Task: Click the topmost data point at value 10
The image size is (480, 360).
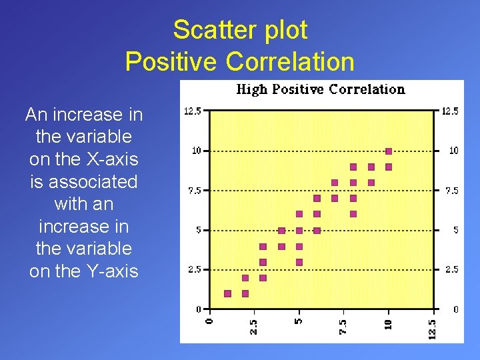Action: (x=389, y=151)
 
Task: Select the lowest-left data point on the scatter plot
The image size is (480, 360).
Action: (x=227, y=293)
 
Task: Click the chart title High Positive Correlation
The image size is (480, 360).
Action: (x=321, y=89)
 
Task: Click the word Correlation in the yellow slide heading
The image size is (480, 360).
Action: (x=290, y=62)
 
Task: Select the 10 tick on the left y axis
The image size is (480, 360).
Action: (x=196, y=151)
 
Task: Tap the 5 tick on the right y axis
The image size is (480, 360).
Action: (x=456, y=230)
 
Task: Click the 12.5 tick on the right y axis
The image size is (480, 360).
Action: (x=451, y=111)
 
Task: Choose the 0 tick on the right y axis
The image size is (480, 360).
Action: (x=456, y=309)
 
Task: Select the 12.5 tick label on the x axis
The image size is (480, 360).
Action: (x=432, y=328)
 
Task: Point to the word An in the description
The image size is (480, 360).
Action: (x=36, y=115)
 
